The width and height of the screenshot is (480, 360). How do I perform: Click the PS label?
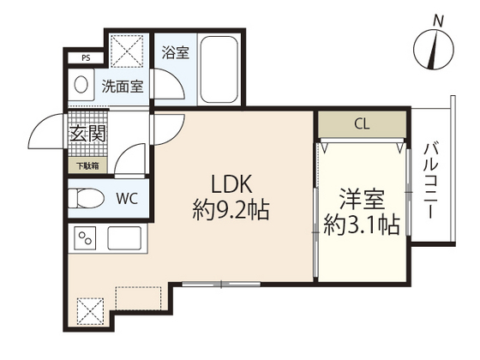pos(86,58)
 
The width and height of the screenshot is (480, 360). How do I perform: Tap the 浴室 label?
pos(176,52)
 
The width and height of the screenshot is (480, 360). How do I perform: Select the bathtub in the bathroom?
pos(219,70)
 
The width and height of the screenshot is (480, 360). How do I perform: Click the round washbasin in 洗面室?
pos(81,84)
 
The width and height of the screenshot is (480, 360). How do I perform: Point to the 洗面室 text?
pos(123,86)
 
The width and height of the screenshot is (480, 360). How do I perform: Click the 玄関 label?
pos(87,134)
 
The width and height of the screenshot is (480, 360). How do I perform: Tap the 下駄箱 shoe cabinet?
pos(87,166)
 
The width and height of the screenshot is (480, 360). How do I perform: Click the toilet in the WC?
pos(86,198)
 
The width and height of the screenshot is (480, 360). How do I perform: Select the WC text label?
pos(127,199)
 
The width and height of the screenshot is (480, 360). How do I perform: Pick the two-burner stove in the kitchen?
pos(85,238)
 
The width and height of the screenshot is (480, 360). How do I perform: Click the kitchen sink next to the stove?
pos(124,238)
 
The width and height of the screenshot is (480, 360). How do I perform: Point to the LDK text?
pos(231,184)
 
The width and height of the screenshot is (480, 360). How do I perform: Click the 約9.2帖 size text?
pos(231,210)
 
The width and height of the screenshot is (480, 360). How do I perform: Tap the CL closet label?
pos(362,124)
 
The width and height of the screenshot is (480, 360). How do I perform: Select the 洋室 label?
pos(362,200)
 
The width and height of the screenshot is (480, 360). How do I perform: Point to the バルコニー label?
pos(431,181)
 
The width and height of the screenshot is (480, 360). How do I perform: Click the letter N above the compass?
pos(438,21)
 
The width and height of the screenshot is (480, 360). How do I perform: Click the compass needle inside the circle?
pos(433,50)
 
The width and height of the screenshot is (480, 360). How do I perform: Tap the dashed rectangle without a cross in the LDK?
pos(139,298)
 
